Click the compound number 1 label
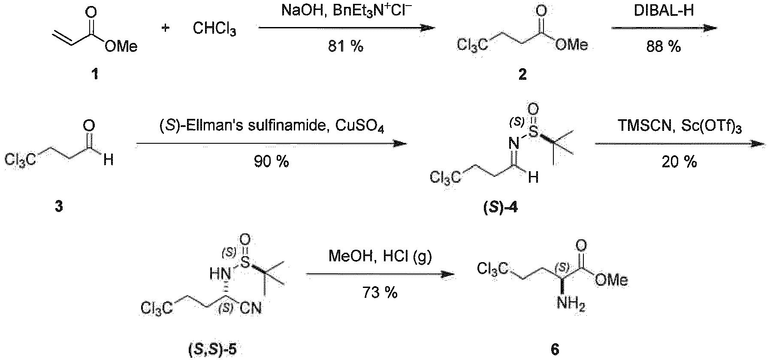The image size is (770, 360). tap(95, 75)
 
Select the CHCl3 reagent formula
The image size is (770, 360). tap(214, 29)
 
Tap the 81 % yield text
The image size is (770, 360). tap(346, 46)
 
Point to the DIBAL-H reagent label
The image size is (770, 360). tap(664, 11)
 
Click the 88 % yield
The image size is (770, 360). tap(663, 47)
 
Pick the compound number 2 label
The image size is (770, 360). tap(522, 75)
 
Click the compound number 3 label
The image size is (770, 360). tap(59, 207)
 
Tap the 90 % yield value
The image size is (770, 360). tap(271, 161)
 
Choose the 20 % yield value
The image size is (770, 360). tap(679, 162)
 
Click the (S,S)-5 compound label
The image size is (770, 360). tap(212, 350)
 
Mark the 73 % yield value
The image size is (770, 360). tap(380, 293)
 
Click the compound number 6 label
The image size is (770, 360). tap(555, 350)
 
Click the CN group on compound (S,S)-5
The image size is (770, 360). tap(251, 308)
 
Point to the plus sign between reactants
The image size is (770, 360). tap(166, 28)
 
